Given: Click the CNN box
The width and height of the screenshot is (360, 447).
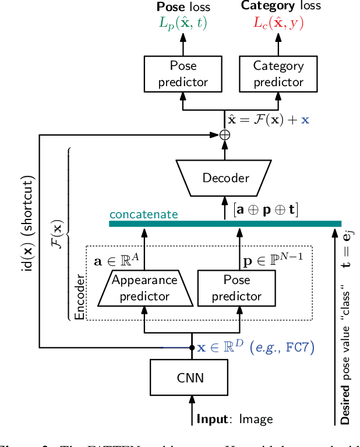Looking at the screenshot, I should tap(190, 377).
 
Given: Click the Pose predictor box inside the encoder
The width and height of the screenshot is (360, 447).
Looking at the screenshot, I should tap(237, 288).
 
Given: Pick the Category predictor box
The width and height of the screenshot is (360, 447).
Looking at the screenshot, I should tap(278, 74).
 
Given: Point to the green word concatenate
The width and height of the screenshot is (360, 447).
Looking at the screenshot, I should tap(144, 214).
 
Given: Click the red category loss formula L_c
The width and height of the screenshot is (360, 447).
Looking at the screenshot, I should tap(278, 23).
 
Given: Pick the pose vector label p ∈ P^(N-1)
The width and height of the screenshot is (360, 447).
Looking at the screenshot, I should tap(273, 260).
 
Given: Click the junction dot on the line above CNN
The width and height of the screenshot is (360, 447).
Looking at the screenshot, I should tap(191, 348).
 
